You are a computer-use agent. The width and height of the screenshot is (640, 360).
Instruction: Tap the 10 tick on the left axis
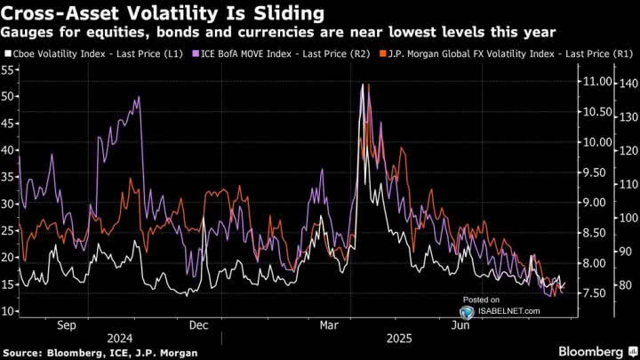[10, 311]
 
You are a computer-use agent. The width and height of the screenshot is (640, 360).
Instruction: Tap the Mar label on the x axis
[327, 325]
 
